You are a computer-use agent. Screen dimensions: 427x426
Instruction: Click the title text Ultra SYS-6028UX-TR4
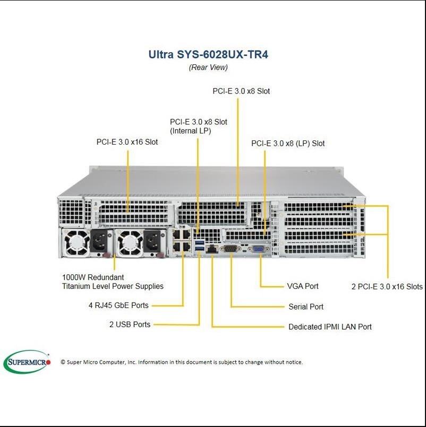point(208,54)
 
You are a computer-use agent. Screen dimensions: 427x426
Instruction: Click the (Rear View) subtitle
point(208,68)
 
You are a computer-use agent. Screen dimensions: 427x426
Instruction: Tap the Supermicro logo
point(27,362)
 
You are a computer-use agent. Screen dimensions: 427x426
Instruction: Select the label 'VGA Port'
point(303,286)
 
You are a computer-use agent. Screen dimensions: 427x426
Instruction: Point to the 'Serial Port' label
point(306,307)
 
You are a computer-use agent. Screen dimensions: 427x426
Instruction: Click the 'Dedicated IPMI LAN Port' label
point(330,327)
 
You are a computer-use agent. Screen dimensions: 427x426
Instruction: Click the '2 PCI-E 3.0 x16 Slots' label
point(387,287)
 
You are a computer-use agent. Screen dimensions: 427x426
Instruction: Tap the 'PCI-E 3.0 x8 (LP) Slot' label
point(288,143)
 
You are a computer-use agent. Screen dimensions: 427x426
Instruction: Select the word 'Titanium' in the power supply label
point(77,286)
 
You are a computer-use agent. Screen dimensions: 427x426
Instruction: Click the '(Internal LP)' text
point(191,130)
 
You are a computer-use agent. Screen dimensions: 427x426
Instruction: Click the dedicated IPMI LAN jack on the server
point(211,248)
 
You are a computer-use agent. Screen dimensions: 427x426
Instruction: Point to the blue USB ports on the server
point(199,245)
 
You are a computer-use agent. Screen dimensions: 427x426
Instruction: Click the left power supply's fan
point(77,242)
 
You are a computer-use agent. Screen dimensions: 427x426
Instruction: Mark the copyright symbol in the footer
point(63,362)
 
